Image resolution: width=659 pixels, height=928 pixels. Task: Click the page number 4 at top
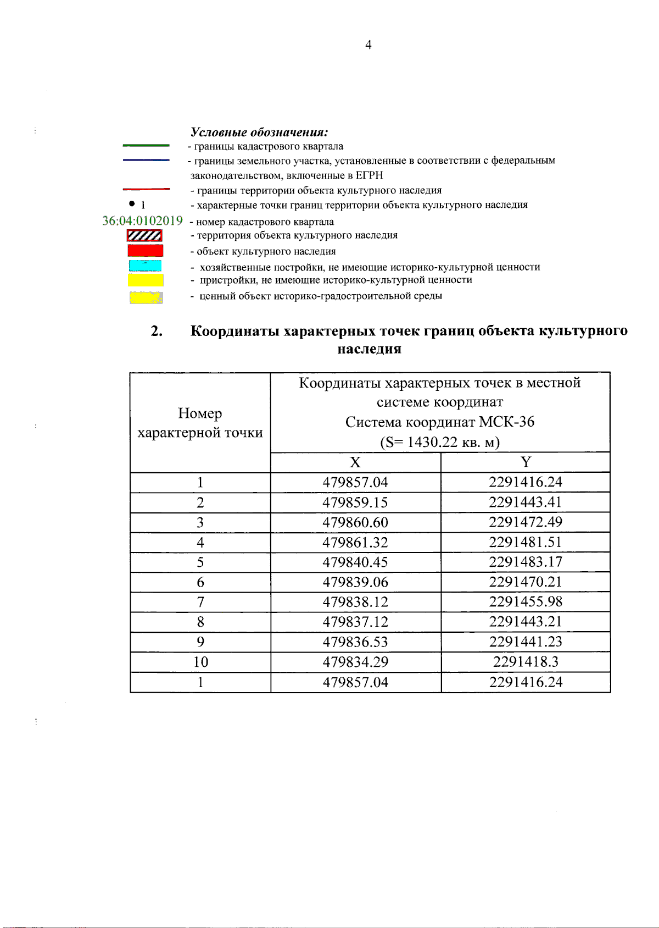[368, 45]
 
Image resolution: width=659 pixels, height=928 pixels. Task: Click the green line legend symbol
[146, 146]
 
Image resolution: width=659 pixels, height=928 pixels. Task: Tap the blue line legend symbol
[146, 160]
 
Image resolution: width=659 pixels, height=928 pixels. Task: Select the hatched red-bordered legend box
[144, 235]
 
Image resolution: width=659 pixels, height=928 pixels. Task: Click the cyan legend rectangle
[145, 266]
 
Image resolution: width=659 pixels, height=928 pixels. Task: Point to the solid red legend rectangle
[145, 251]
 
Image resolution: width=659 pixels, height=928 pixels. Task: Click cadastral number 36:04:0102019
[142, 221]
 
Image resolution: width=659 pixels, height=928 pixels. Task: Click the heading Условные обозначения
[259, 132]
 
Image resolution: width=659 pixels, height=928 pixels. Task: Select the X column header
[355, 462]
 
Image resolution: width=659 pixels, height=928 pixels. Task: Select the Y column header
[526, 462]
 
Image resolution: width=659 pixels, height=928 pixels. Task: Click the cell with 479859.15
[355, 502]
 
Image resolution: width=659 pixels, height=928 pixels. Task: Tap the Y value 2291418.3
[526, 662]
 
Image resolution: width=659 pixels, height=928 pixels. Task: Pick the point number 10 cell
[200, 662]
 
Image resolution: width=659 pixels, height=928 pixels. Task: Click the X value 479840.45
[355, 562]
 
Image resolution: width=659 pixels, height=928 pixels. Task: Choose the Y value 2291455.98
[526, 602]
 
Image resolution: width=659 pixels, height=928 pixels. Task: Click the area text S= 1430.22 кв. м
[440, 442]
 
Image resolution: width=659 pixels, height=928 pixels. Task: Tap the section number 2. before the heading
[157, 331]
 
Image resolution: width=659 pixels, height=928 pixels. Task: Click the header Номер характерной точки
[200, 423]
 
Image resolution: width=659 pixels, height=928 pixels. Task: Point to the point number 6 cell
[200, 582]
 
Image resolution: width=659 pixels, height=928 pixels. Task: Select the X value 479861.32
[355, 543]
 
